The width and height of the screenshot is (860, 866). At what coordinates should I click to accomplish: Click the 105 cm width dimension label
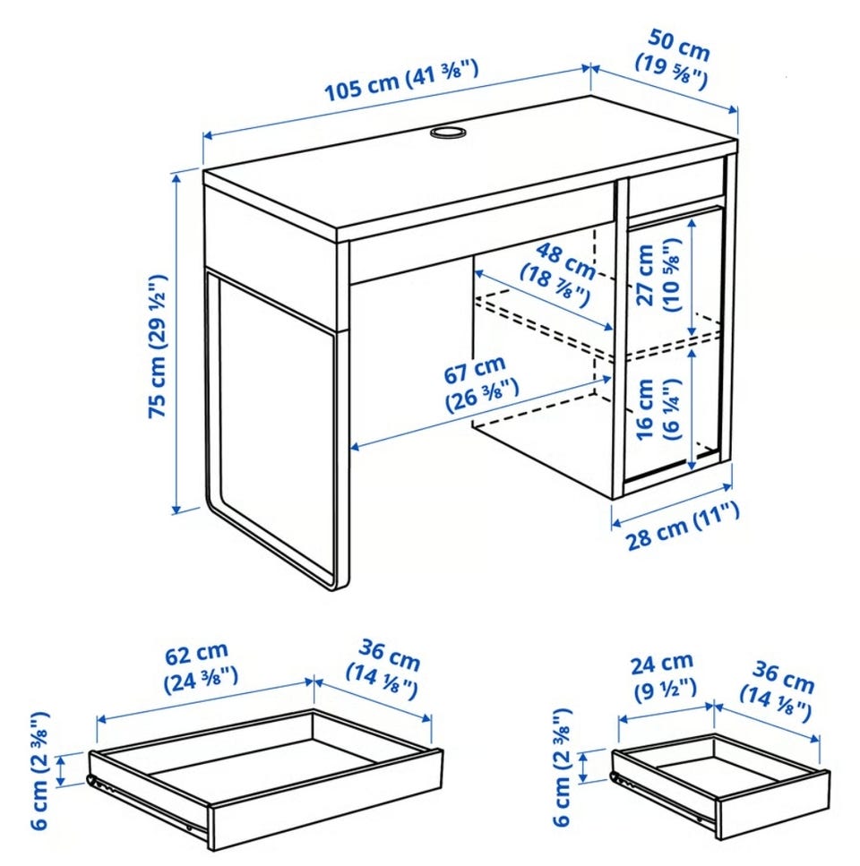tap(401, 81)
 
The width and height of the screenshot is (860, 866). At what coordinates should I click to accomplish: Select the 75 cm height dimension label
tap(158, 346)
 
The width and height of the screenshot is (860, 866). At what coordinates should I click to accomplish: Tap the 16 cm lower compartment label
tap(658, 408)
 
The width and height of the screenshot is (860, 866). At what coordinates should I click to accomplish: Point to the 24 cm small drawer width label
tap(664, 675)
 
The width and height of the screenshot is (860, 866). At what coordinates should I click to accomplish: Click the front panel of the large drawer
tap(326, 800)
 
